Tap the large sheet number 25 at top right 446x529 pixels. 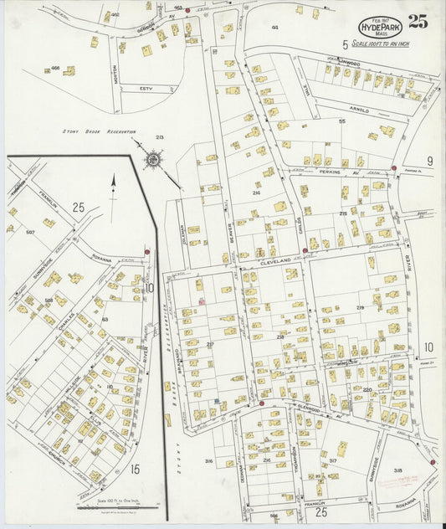[x=418, y=22]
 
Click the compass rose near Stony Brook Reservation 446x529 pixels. [x=153, y=158]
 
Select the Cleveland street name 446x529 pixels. [x=276, y=261]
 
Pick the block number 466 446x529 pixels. [x=55, y=68]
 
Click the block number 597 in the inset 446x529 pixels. [x=31, y=232]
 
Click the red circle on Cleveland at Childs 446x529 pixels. [x=305, y=249]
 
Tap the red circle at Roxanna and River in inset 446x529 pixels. [x=147, y=251]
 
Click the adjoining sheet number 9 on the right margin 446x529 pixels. [x=429, y=161]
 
